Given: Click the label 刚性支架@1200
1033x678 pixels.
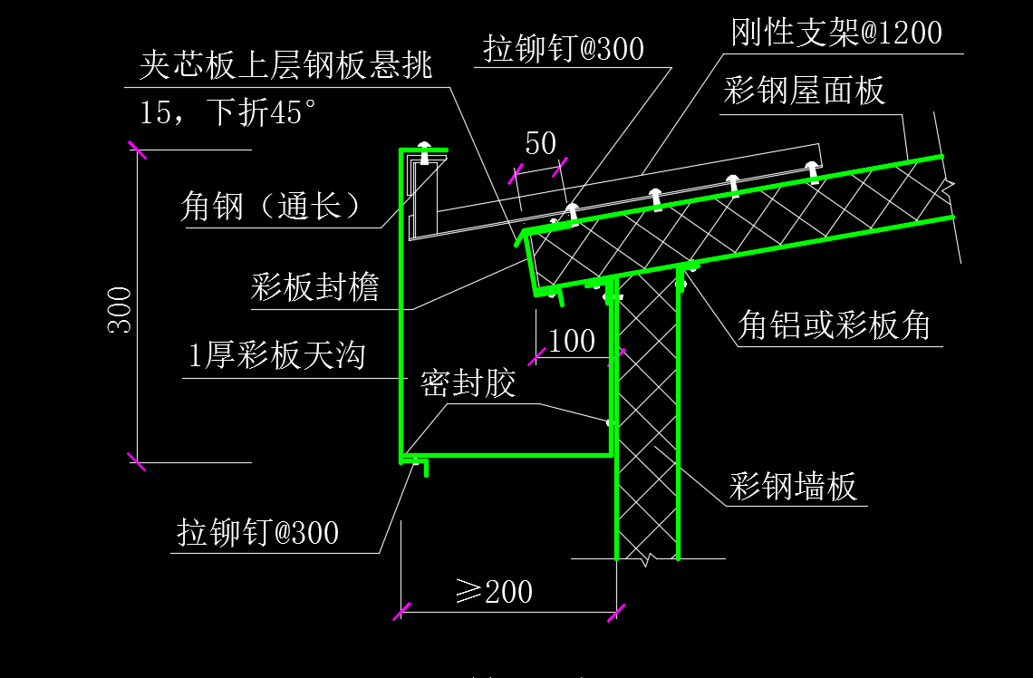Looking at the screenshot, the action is pyautogui.click(x=836, y=33).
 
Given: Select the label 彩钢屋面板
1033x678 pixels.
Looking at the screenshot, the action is pyautogui.click(x=804, y=91).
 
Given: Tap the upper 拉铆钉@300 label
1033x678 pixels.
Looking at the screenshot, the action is pyautogui.click(x=564, y=49).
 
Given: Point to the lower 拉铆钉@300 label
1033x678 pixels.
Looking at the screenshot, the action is pyautogui.click(x=257, y=532).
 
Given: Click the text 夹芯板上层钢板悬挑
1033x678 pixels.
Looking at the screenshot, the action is pyautogui.click(x=286, y=65).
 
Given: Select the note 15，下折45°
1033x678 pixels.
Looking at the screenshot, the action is pyautogui.click(x=228, y=112).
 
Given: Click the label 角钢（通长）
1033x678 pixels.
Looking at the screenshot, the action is pyautogui.click(x=270, y=207).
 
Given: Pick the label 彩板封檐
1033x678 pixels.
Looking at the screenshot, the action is pyautogui.click(x=315, y=287).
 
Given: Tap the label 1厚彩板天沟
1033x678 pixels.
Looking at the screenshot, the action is pyautogui.click(x=276, y=356).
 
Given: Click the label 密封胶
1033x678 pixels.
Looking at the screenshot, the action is pyautogui.click(x=468, y=383).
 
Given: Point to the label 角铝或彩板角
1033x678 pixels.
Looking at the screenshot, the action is pyautogui.click(x=834, y=325).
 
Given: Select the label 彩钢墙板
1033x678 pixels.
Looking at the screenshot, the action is pyautogui.click(x=793, y=487).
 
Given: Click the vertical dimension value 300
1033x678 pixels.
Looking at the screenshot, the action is pyautogui.click(x=120, y=310).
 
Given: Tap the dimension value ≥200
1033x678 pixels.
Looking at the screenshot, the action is pyautogui.click(x=494, y=592).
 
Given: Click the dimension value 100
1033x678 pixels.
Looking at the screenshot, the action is pyautogui.click(x=572, y=342).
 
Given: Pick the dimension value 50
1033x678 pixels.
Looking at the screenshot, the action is pyautogui.click(x=541, y=143).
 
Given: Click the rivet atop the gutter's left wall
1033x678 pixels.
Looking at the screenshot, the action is pyautogui.click(x=424, y=152).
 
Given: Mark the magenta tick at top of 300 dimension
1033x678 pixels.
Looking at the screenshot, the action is pyautogui.click(x=137, y=150).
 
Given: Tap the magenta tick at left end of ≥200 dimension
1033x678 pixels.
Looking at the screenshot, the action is pyautogui.click(x=401, y=612).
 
